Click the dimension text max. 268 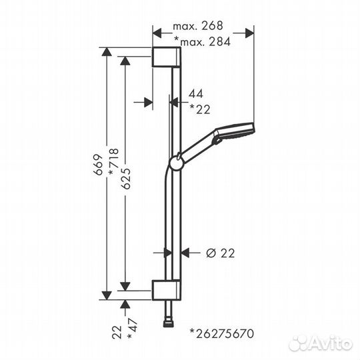(198, 26)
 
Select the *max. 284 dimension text (202, 41)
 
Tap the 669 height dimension (98, 165)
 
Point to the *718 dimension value (113, 161)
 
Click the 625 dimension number (126, 179)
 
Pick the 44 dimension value (196, 94)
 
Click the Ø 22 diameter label (221, 253)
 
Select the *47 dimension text (133, 328)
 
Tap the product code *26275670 (222, 333)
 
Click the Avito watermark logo (321, 343)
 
